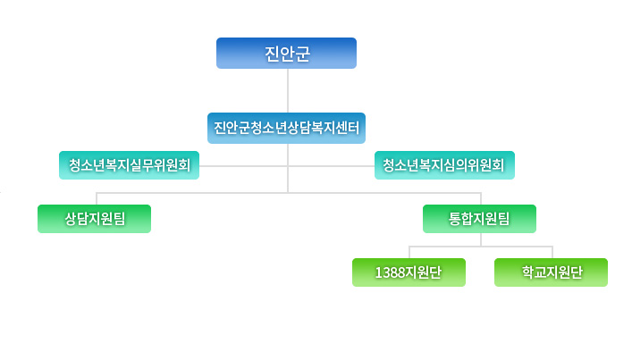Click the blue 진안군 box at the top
(286, 54)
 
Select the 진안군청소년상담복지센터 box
(286, 128)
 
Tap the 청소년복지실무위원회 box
(129, 165)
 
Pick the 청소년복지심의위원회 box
(444, 165)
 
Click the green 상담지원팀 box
(95, 219)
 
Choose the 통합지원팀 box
(479, 219)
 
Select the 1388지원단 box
(409, 272)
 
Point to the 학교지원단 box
(551, 272)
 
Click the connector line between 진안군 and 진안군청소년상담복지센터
(288, 90)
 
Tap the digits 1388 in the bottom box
(390, 272)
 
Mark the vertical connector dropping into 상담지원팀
(97, 199)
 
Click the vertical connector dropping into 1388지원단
(409, 253)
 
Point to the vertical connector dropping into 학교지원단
(552, 253)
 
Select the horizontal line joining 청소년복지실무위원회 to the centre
(243, 166)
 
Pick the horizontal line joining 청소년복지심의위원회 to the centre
(332, 166)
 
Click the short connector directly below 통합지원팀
(481, 239)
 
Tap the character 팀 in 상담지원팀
(119, 219)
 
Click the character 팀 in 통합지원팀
(503, 219)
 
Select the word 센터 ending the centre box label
(347, 128)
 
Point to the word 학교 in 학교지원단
(534, 272)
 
